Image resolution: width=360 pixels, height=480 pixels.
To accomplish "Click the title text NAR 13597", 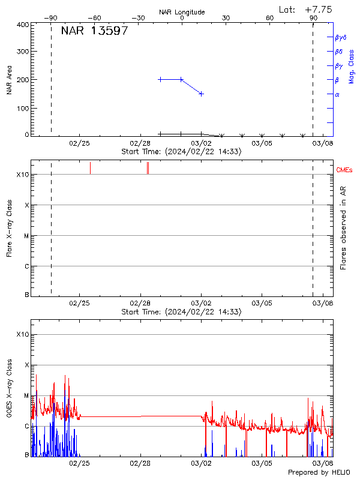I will [94, 31].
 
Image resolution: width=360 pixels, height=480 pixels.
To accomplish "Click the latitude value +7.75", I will [319, 9].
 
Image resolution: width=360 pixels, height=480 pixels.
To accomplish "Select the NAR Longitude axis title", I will [182, 12].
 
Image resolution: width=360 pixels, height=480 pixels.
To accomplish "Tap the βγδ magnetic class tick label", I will [340, 37].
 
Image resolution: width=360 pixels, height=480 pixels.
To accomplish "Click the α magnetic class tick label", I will [337, 94].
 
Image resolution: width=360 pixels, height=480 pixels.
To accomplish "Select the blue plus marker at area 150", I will [202, 94].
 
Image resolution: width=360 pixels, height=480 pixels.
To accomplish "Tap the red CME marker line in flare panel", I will [90, 168].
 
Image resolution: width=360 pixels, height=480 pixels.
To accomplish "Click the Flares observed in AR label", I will [344, 228].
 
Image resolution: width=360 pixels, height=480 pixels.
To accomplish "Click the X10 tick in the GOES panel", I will [23, 334].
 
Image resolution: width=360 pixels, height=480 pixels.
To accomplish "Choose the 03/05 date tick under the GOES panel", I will [262, 464].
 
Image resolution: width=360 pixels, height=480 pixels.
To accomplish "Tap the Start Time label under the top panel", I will [181, 152].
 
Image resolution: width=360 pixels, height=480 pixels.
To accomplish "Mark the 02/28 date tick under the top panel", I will [140, 143].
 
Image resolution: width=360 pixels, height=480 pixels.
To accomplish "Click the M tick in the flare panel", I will [26, 236].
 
